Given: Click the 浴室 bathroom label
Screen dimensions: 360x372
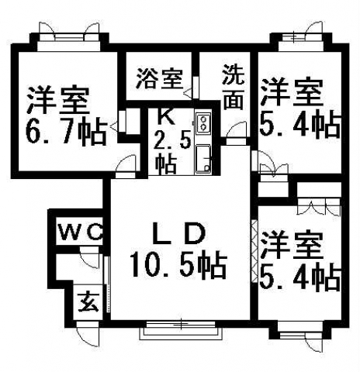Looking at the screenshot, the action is click(160, 78).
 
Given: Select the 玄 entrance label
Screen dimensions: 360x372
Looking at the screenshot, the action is click(88, 301).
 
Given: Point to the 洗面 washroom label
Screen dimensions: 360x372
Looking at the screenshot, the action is click(234, 87).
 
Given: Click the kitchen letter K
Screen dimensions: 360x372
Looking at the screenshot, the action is click(166, 115).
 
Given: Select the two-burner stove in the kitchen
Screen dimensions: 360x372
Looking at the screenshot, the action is click(204, 124).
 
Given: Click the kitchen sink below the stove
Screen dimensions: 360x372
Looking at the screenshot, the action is click(204, 159).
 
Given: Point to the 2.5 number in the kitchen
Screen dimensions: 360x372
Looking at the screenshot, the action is click(172, 142).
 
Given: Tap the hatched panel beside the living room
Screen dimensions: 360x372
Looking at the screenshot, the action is click(254, 251).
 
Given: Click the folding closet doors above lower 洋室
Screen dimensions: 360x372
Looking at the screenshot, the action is click(319, 206).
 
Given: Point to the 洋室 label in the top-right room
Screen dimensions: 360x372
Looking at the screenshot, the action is click(292, 92).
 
